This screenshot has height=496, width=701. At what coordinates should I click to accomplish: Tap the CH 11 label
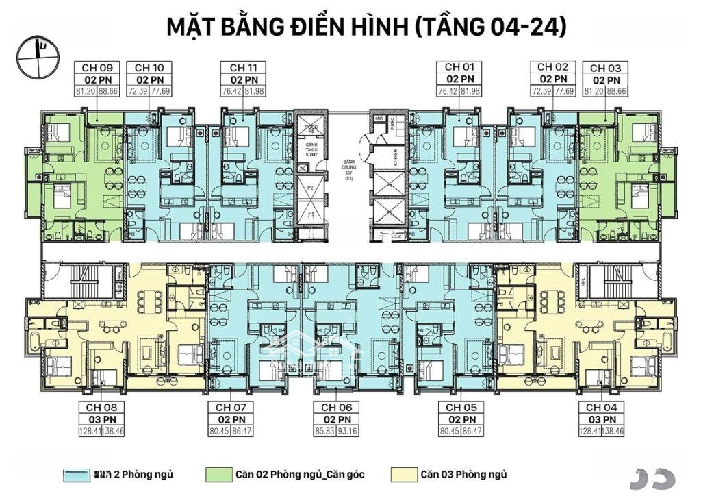(x=244, y=68)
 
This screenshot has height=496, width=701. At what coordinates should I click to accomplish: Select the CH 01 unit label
(x=459, y=67)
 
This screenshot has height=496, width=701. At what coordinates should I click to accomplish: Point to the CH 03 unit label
(x=605, y=68)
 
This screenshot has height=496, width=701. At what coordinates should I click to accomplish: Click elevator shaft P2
(x=309, y=186)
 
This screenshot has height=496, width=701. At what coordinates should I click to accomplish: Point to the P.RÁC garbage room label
(x=392, y=123)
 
